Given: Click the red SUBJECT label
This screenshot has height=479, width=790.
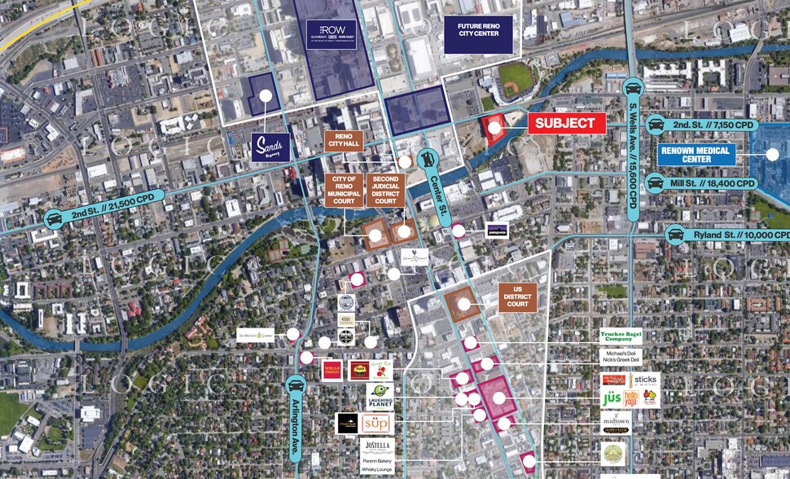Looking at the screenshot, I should coord(567,124).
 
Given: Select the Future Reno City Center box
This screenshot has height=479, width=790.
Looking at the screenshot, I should coord(478,34).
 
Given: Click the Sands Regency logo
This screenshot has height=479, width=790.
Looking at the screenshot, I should coord(270,147).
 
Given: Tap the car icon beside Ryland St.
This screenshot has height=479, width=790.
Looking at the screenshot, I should coord(674,235).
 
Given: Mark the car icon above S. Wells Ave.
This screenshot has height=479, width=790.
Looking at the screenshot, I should coord(633,89).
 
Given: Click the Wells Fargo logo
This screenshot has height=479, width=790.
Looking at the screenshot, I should coord(331,370).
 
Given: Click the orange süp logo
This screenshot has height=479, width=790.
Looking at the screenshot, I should coord(376,424).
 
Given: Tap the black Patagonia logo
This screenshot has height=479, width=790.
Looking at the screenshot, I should coord(496,231).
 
